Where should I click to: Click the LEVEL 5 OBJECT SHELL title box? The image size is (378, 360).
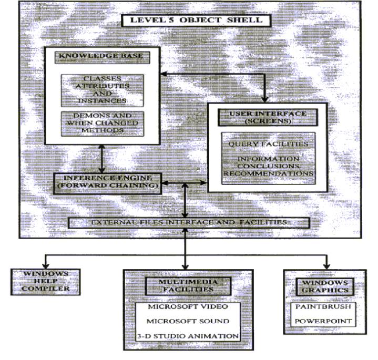tap(196, 20)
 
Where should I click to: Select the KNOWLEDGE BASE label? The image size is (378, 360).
tap(102, 57)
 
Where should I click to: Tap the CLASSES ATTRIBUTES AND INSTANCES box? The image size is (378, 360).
tap(102, 90)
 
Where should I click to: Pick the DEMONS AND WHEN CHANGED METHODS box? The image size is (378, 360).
tap(103, 124)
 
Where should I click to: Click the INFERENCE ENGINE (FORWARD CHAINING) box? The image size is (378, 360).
tap(107, 183)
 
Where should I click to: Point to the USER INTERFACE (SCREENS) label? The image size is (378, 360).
tap(268, 117)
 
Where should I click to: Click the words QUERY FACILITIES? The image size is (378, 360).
tap(268, 144)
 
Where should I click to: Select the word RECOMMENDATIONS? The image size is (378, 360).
tap(268, 173)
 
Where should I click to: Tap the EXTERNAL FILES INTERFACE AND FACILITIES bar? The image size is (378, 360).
tap(189, 223)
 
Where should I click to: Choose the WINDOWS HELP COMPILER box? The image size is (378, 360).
tap(45, 282)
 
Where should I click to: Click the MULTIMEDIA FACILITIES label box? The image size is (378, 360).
tap(188, 286)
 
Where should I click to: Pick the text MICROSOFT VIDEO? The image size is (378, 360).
tap(188, 306)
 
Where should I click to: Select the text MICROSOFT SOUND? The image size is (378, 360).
tap(188, 321)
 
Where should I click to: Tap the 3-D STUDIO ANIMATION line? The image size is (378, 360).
tap(188, 336)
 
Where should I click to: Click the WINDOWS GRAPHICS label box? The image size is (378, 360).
tap(325, 287)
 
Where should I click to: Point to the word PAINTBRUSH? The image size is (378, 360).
tap(323, 306)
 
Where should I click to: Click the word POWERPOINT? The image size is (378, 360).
tap(323, 321)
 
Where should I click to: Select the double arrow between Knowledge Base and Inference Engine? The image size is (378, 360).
tap(102, 159)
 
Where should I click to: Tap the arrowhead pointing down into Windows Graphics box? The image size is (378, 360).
tap(326, 266)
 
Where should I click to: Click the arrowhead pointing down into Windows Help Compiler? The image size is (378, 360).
tap(45, 265)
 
